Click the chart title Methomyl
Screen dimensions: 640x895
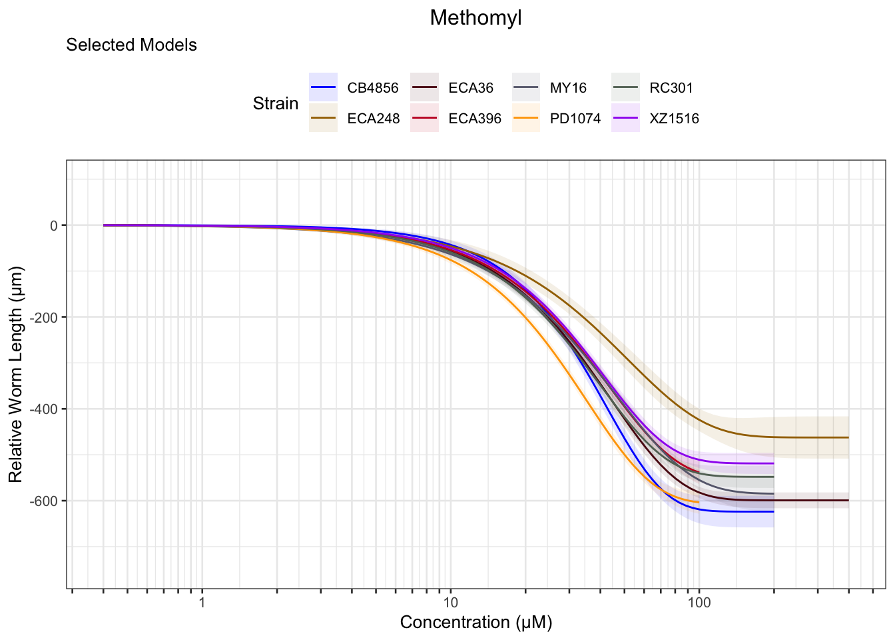pos(475,18)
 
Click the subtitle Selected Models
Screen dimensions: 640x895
pos(131,45)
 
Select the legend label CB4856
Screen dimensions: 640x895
pos(372,88)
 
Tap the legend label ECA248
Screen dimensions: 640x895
pos(373,119)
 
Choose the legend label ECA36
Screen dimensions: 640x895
pos(471,88)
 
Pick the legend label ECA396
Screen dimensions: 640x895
pos(475,119)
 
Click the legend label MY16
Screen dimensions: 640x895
pos(568,88)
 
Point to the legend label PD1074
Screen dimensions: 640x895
pos(575,119)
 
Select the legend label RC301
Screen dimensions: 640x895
pos(671,88)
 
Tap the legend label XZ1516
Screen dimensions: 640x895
pos(674,119)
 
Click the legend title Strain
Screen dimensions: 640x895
pos(276,104)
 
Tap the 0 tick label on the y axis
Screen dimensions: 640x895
pos(54,226)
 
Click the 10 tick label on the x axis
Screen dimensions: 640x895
pos(450,603)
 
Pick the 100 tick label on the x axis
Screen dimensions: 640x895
pos(699,603)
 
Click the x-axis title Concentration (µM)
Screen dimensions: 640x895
pos(475,623)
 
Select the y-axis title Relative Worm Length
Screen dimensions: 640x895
pos(16,374)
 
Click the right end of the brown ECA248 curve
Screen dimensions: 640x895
pos(848,437)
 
